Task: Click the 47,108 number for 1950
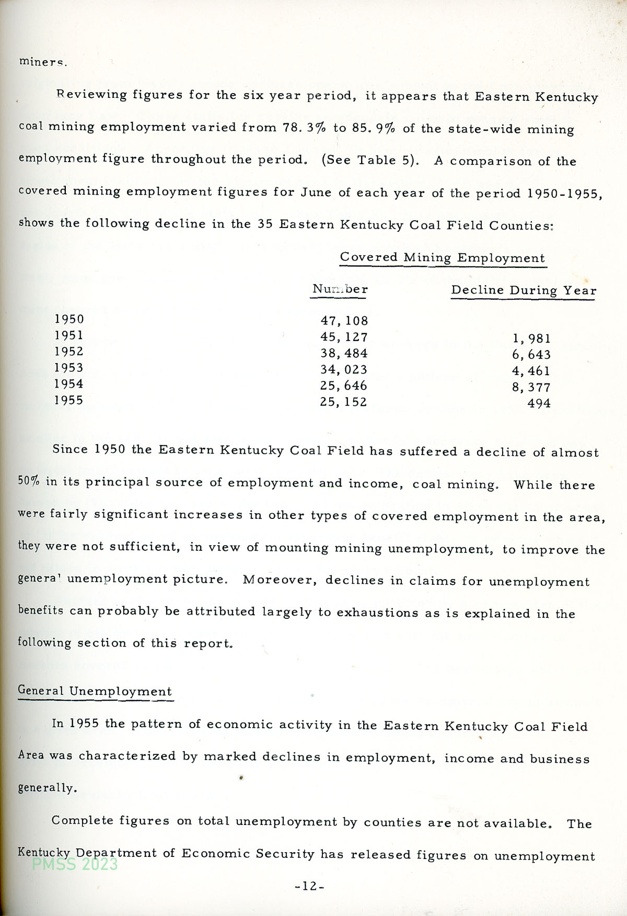click(x=344, y=321)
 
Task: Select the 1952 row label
click(x=69, y=352)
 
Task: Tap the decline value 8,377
click(x=531, y=387)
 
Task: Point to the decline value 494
click(x=539, y=403)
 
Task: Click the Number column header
click(x=340, y=289)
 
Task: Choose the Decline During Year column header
click(x=524, y=291)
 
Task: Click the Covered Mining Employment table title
click(x=442, y=258)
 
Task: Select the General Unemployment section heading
click(x=95, y=691)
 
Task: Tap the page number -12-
click(x=310, y=886)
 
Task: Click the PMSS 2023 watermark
click(x=75, y=864)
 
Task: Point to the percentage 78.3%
click(x=304, y=128)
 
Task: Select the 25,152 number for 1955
click(x=343, y=402)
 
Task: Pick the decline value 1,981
click(x=531, y=338)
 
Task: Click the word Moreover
click(x=280, y=580)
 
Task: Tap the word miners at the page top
click(x=43, y=62)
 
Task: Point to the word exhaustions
click(x=377, y=613)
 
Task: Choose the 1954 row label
click(x=69, y=384)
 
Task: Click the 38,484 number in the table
click(x=344, y=354)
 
